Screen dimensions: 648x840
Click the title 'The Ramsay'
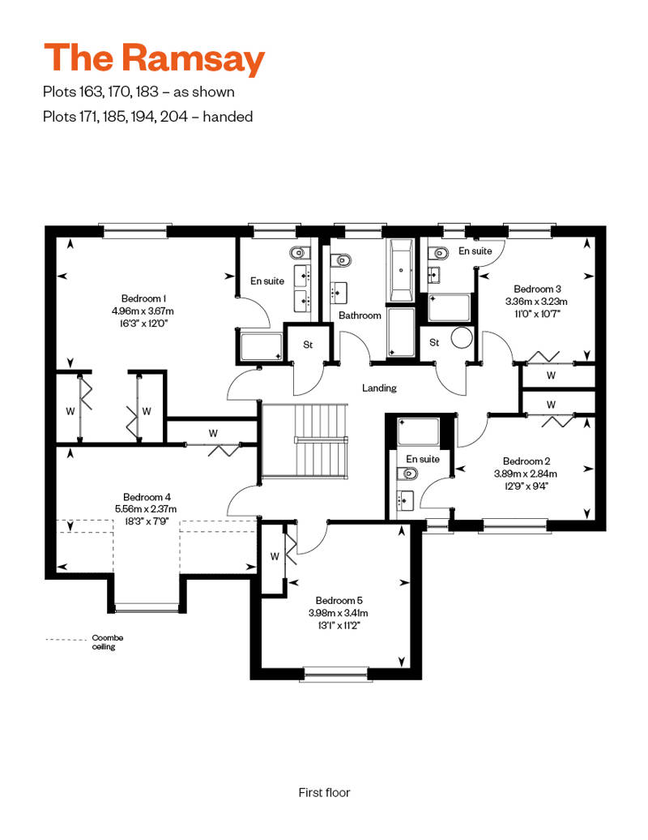point(154,59)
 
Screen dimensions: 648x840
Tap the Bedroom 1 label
point(143,298)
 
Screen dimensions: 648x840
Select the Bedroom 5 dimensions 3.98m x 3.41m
point(339,613)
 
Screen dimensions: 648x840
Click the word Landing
point(379,388)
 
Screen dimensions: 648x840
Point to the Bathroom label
point(360,315)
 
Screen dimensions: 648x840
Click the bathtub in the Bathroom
point(401,271)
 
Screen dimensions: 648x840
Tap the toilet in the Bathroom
point(341,259)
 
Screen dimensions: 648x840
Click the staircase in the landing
point(305,440)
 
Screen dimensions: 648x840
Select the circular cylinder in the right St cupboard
point(462,338)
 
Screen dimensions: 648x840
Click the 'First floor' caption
point(324,792)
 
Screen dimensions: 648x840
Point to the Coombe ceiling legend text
point(108,642)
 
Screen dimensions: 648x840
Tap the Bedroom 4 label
point(147,497)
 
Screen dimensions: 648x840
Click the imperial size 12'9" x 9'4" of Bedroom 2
point(526,486)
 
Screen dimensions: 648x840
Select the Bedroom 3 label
point(537,289)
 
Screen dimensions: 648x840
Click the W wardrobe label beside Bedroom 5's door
point(275,556)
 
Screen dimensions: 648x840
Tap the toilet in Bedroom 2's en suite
point(407,474)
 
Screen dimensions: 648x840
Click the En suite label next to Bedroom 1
point(267,281)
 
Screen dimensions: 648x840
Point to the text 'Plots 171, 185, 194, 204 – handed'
point(147,117)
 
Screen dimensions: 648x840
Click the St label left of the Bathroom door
point(308,345)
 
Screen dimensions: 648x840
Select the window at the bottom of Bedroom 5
point(335,674)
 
